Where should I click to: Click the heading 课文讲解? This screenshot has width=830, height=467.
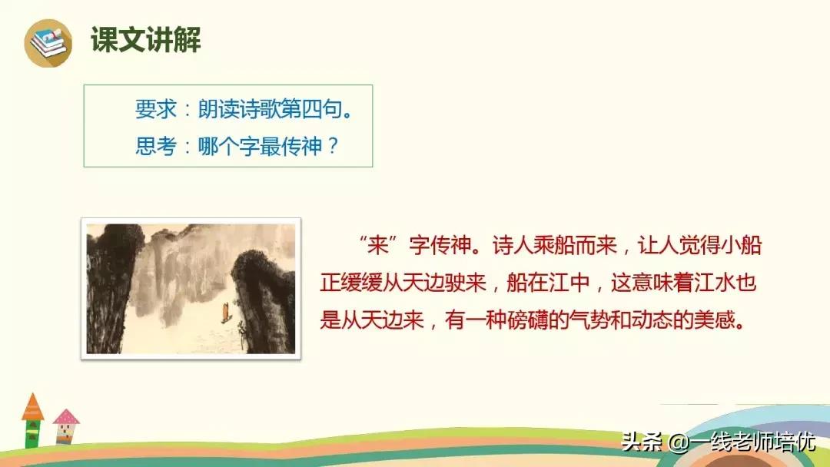coord(145,40)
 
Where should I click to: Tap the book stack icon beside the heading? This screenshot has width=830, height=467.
coord(48,42)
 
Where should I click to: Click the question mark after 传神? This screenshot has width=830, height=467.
coord(331,146)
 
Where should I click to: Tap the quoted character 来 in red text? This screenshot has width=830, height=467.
coord(377,247)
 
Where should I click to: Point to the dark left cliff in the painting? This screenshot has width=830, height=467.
coord(111,284)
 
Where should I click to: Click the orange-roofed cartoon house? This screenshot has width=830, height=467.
coord(33,419)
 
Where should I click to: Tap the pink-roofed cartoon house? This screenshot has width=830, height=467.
coord(66,426)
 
